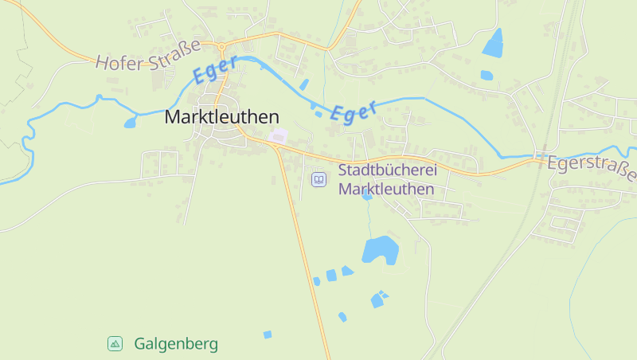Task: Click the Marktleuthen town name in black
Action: pyautogui.click(x=221, y=116)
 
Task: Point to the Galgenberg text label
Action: pyautogui.click(x=176, y=344)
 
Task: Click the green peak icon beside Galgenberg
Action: pyautogui.click(x=115, y=343)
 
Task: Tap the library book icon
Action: pyautogui.click(x=318, y=180)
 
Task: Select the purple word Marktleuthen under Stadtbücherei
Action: pyautogui.click(x=386, y=190)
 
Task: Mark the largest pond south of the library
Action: pyautogui.click(x=380, y=249)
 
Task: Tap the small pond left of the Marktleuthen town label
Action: pyautogui.click(x=131, y=123)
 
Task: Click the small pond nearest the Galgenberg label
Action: pyautogui.click(x=268, y=335)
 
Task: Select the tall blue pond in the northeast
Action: pyautogui.click(x=494, y=43)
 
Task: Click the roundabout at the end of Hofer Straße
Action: pyautogui.click(x=221, y=46)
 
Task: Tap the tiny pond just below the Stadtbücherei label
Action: pyautogui.click(x=367, y=195)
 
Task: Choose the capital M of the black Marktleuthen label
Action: pyautogui.click(x=172, y=116)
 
